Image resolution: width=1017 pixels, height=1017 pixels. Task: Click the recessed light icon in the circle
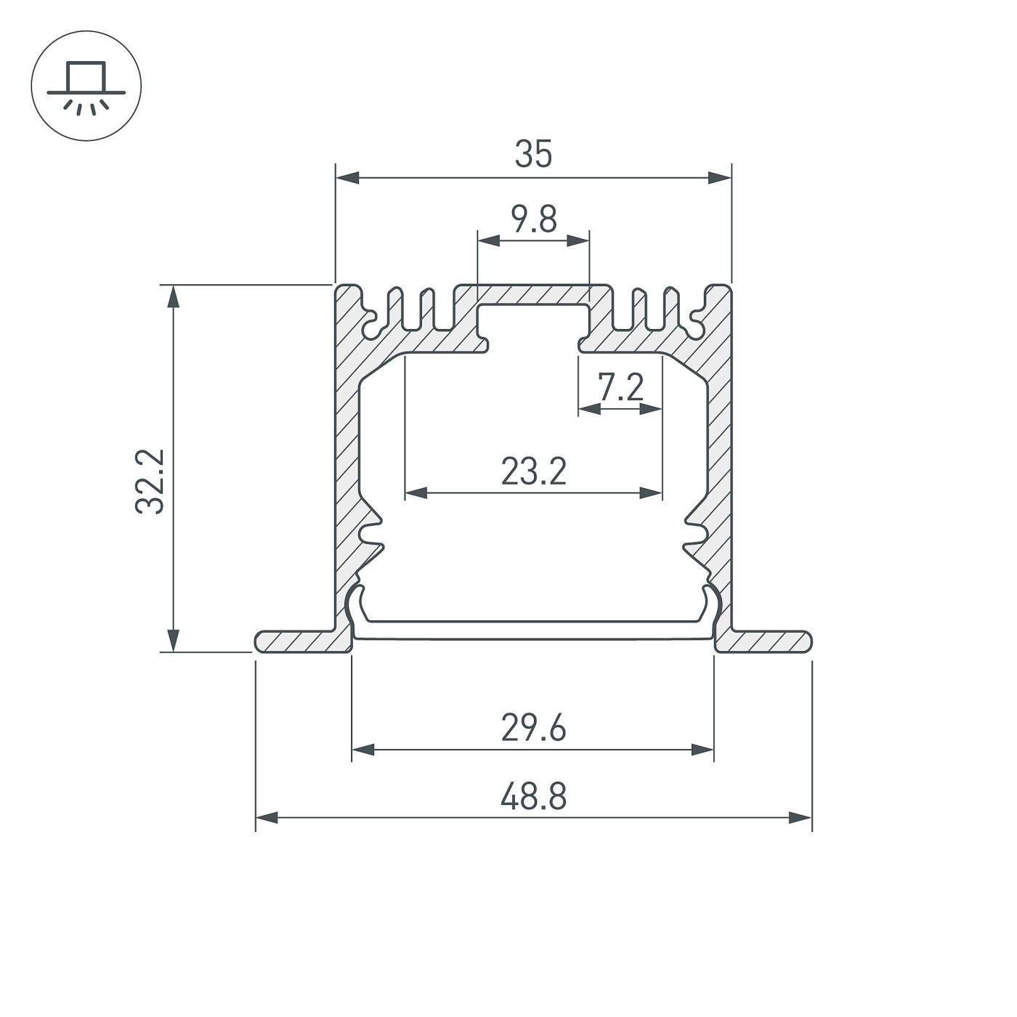click(86, 86)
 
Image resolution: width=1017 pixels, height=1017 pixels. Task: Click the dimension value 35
click(533, 155)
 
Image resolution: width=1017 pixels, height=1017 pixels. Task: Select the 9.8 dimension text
click(533, 219)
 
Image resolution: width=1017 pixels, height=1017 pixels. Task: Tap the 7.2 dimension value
click(620, 387)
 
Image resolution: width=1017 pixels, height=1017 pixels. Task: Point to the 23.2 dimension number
click(533, 472)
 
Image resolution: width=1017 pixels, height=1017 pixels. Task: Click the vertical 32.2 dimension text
click(150, 482)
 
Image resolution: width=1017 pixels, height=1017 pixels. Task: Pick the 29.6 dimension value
click(533, 729)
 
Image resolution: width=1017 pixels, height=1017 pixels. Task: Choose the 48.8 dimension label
click(533, 797)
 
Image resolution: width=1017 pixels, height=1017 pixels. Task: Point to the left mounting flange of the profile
click(298, 641)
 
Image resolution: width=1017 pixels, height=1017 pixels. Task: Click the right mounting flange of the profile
click(766, 641)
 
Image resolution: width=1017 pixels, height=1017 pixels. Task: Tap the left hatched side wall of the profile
click(347, 465)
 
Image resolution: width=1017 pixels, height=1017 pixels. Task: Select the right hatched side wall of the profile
click(719, 465)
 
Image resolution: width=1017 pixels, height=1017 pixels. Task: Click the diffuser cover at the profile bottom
click(533, 630)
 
